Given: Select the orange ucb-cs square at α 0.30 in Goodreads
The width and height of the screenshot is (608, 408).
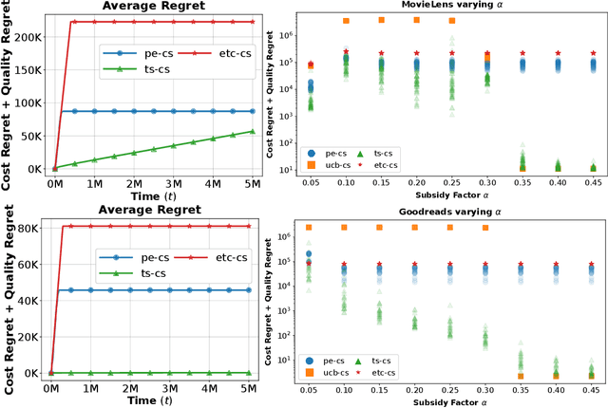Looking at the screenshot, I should click(x=486, y=228).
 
